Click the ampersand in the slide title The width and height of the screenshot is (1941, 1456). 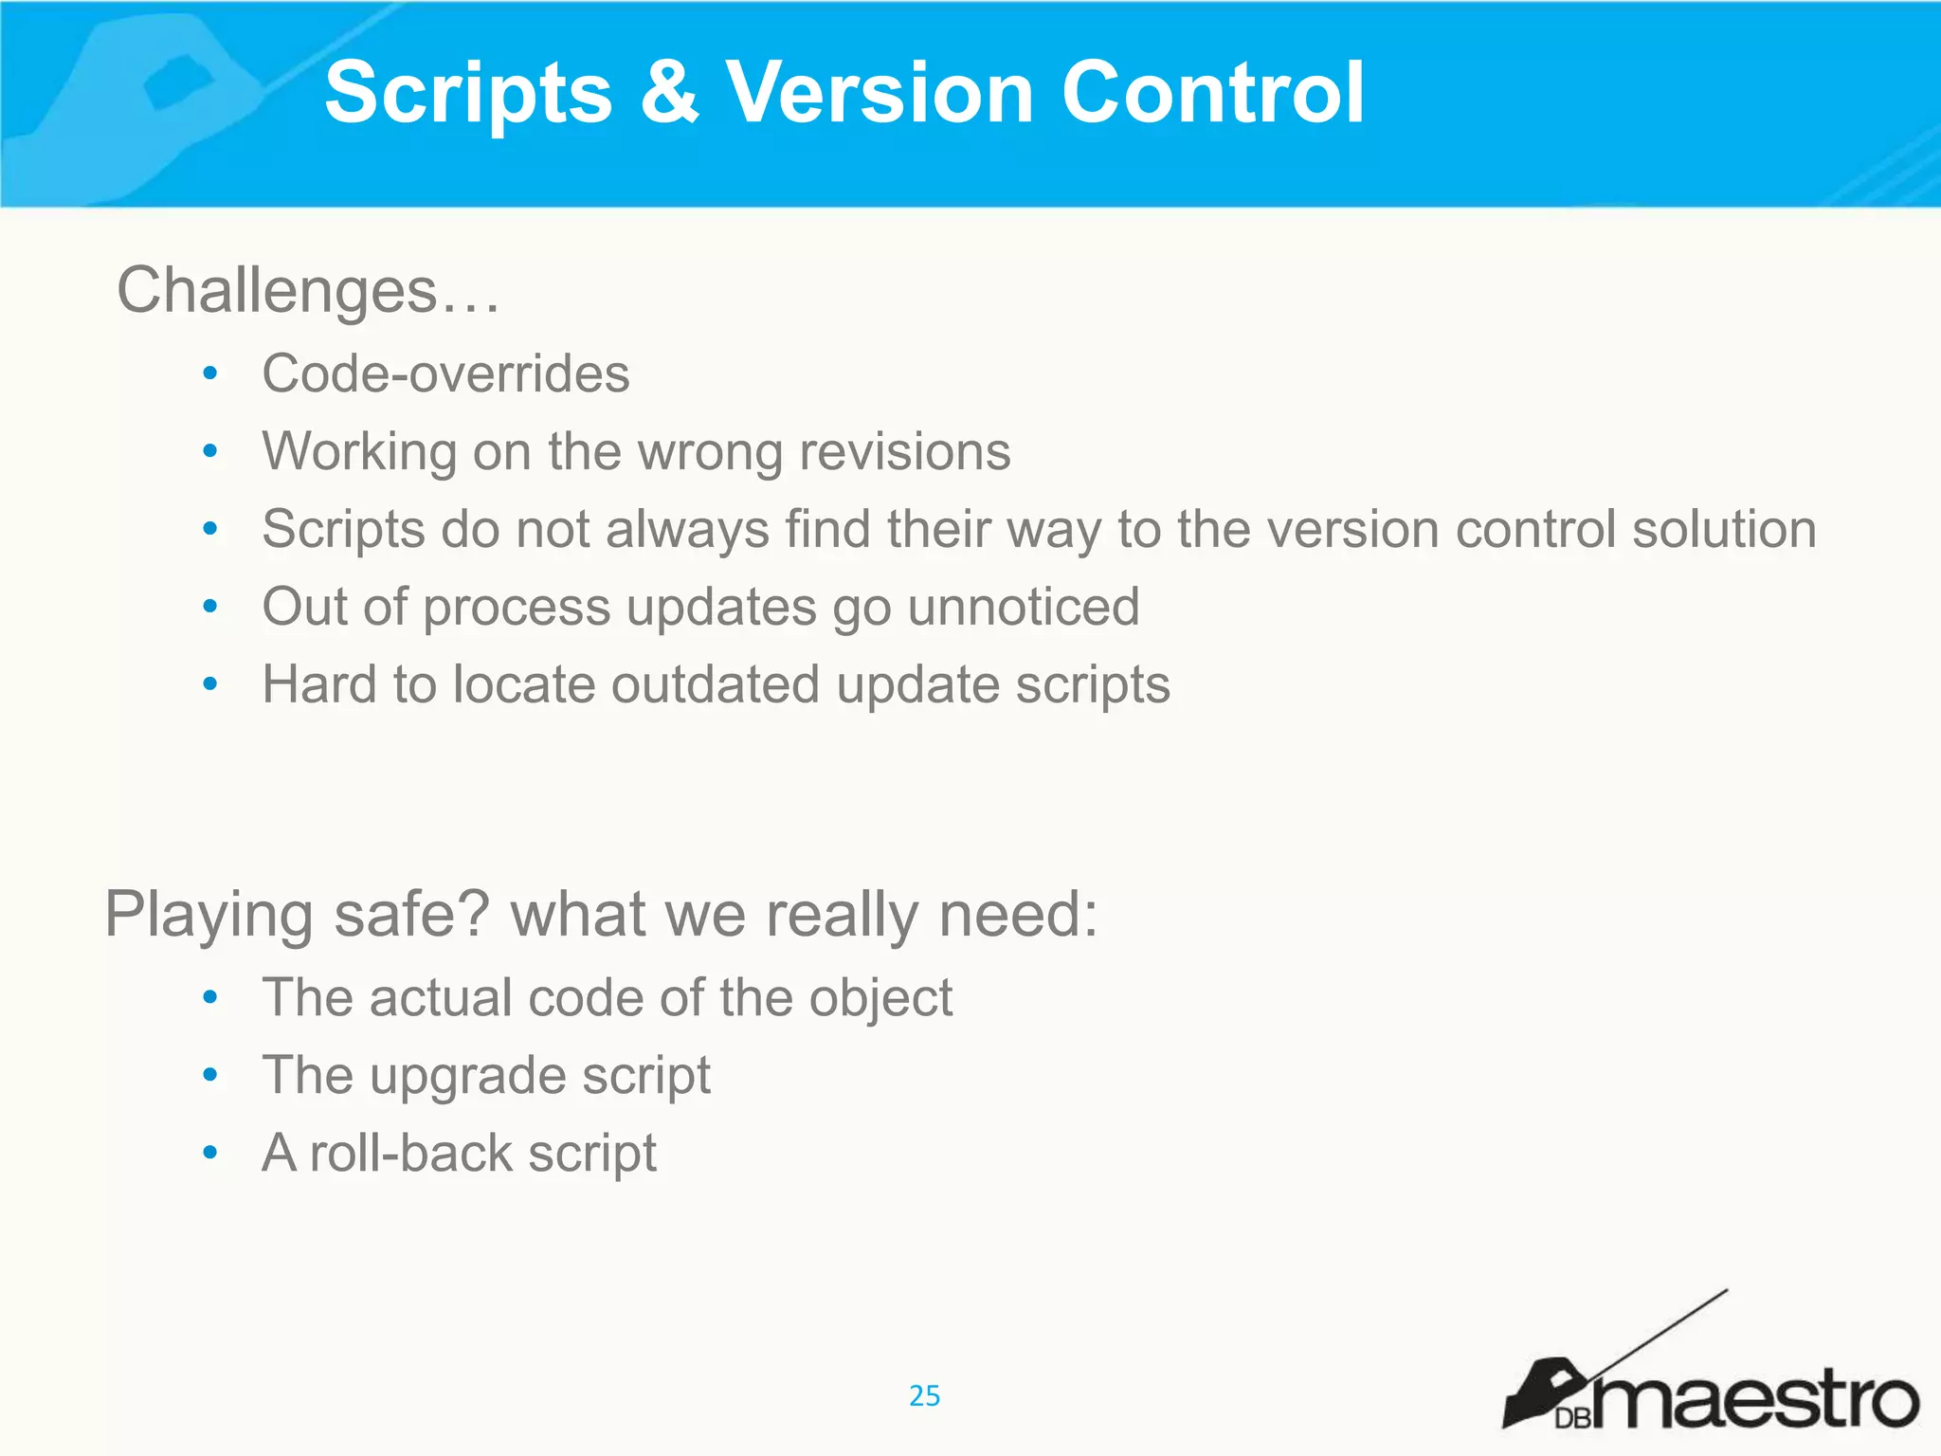pyautogui.click(x=669, y=92)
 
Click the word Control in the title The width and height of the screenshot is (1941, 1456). pyautogui.click(x=1213, y=92)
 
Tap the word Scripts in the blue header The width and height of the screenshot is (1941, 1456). pyautogui.click(x=469, y=92)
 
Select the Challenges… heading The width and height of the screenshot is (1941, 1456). pyautogui.click(x=308, y=289)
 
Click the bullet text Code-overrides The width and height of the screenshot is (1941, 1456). pyautogui.click(x=445, y=373)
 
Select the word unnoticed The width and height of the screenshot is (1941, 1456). pyautogui.click(x=1024, y=607)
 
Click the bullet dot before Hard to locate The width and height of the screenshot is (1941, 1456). pyautogui.click(x=210, y=684)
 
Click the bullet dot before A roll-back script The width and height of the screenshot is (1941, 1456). pyautogui.click(x=210, y=1154)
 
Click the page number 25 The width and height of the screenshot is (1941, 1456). pyautogui.click(x=924, y=1395)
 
